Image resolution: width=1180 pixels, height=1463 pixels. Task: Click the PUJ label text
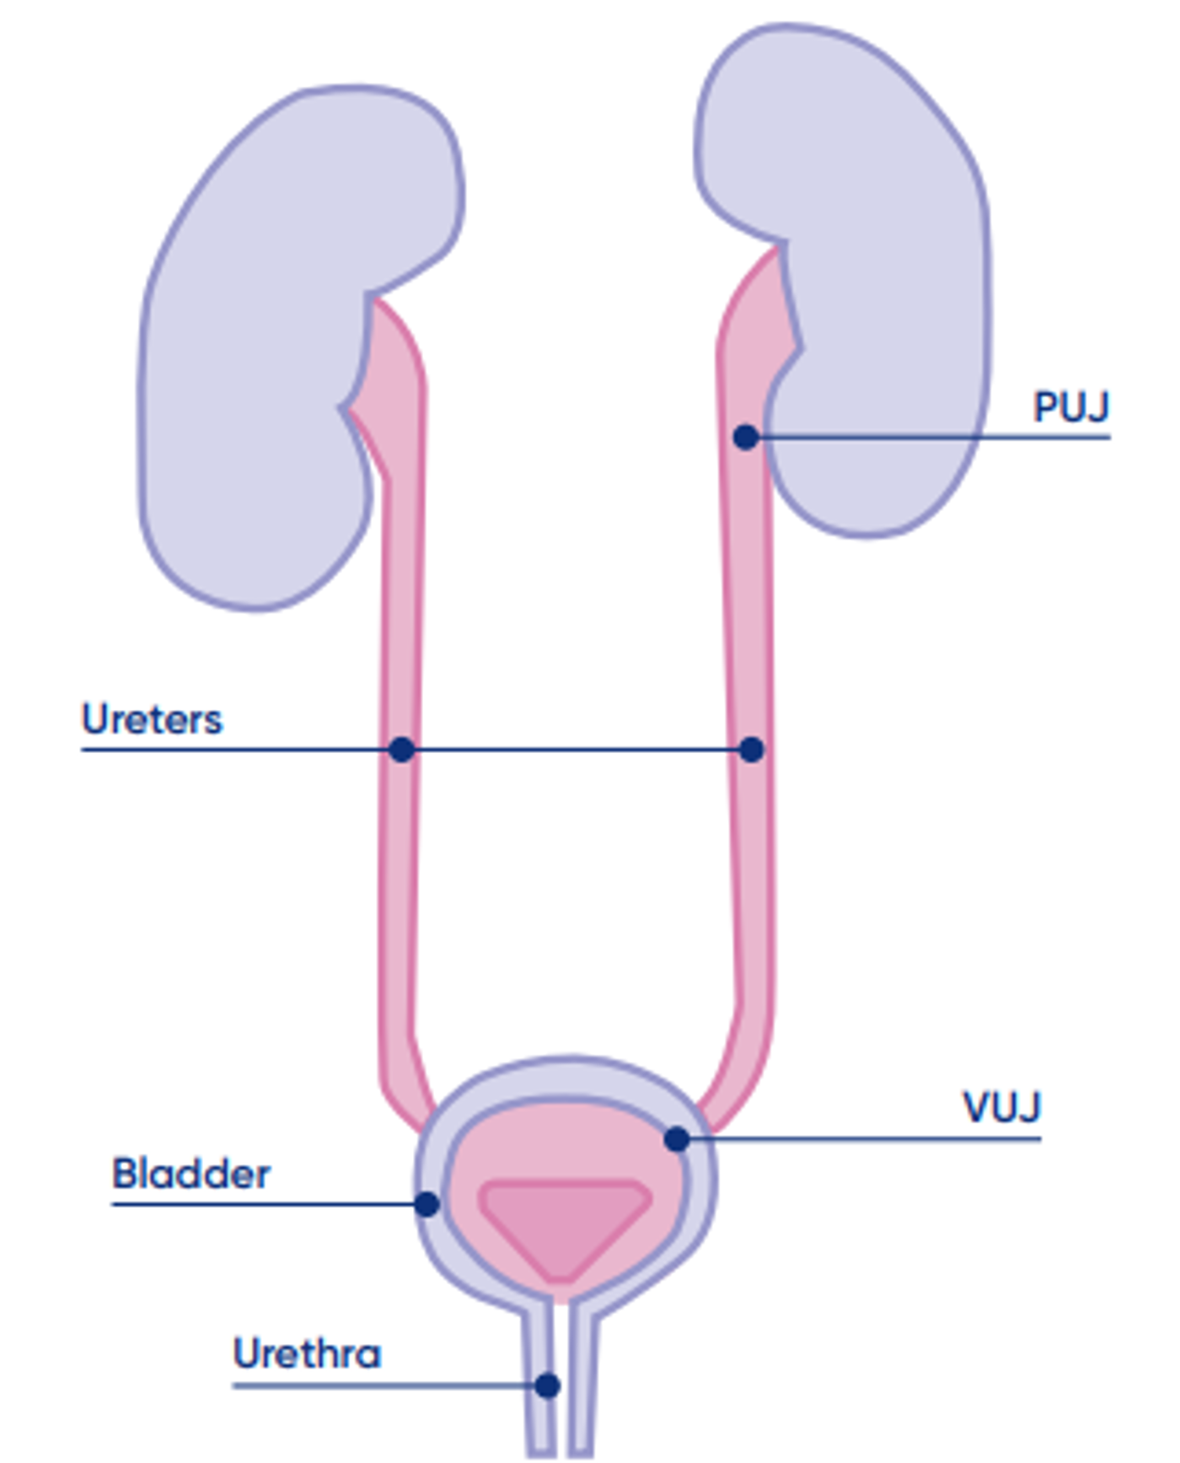coord(1070,407)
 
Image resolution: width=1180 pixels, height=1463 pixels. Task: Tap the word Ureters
coord(152,719)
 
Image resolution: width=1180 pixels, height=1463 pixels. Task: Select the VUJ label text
coord(1002,1107)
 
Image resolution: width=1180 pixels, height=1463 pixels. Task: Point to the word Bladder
coord(191,1174)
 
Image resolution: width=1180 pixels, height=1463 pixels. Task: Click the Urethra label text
coord(307,1353)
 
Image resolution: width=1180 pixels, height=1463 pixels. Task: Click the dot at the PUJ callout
coord(746,437)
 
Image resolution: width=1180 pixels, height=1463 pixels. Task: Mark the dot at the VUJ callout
coord(677,1139)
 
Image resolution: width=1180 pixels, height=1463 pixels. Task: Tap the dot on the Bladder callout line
coord(427,1204)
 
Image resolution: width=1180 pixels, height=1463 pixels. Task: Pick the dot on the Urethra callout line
coord(548,1385)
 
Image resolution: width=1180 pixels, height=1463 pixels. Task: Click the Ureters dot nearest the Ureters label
coord(402,749)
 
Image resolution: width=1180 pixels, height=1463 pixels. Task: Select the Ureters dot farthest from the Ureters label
coord(752,749)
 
